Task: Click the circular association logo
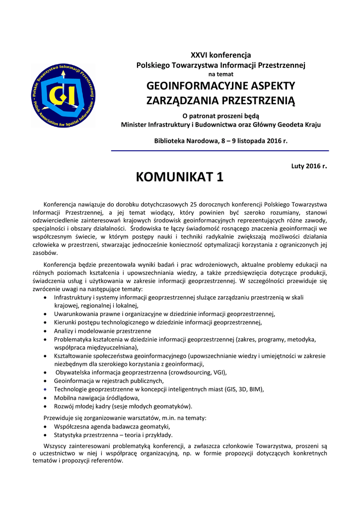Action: [63, 96]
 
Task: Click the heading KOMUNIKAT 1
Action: [179, 177]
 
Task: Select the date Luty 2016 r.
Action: [309, 166]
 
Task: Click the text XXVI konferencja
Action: [221, 55]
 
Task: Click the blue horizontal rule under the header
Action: [219, 150]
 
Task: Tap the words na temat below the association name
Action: [221, 74]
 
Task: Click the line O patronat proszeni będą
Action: [221, 116]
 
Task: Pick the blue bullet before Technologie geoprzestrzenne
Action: [45, 389]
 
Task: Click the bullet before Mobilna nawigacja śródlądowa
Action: [45, 398]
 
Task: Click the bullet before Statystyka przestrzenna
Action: [45, 435]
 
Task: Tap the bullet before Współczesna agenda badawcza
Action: [45, 427]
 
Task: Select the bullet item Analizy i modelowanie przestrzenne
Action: [102, 330]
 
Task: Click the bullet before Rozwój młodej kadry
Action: [45, 406]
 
